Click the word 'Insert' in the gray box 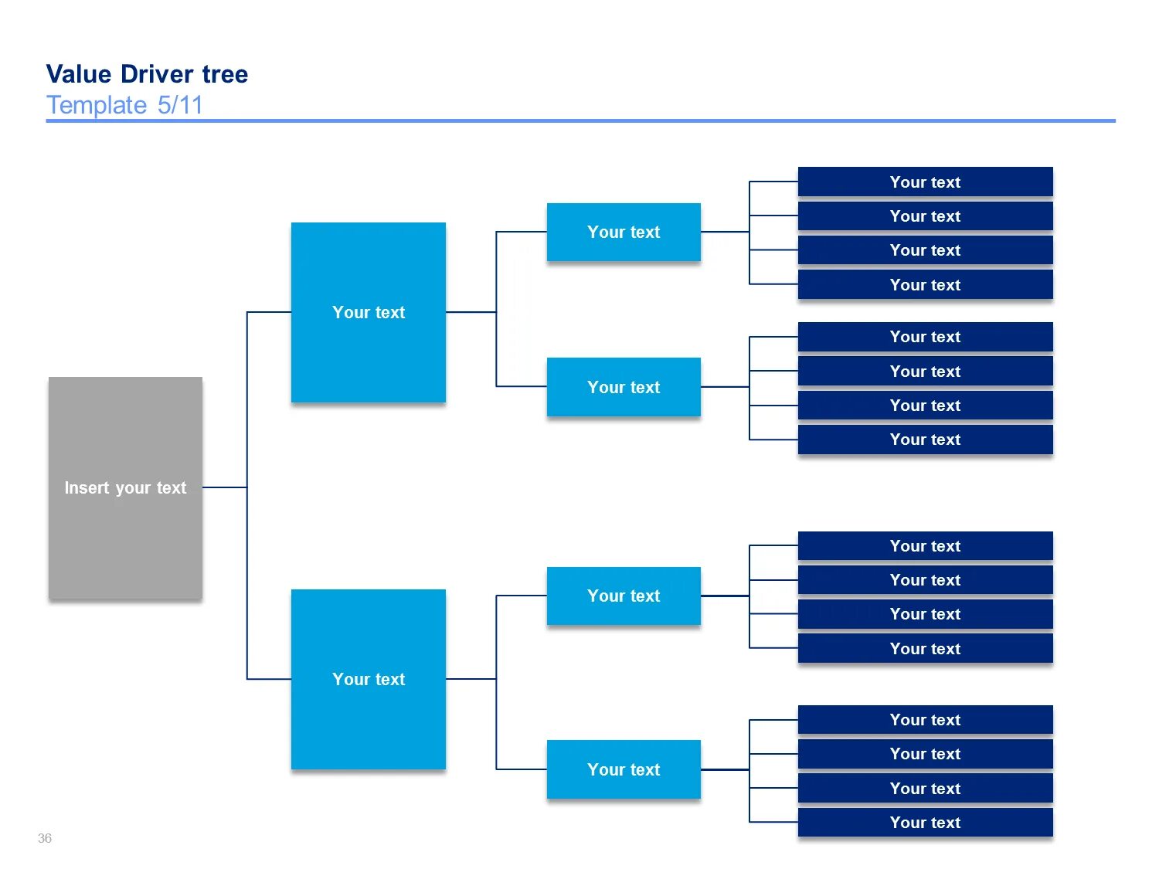tap(87, 488)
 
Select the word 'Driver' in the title tap(158, 74)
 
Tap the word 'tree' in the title tap(225, 74)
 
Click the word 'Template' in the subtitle tap(97, 105)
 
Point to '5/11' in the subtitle tap(180, 105)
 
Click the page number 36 tap(45, 838)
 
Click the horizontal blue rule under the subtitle tap(579, 121)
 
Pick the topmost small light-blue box tap(624, 232)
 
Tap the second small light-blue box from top tap(624, 387)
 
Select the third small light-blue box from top tap(624, 596)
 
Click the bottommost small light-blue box tap(624, 769)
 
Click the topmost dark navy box tap(925, 182)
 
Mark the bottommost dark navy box tap(925, 823)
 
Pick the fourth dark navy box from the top tap(925, 285)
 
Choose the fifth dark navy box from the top tap(925, 337)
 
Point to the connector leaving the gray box tap(225, 487)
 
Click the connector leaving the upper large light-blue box tap(471, 312)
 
